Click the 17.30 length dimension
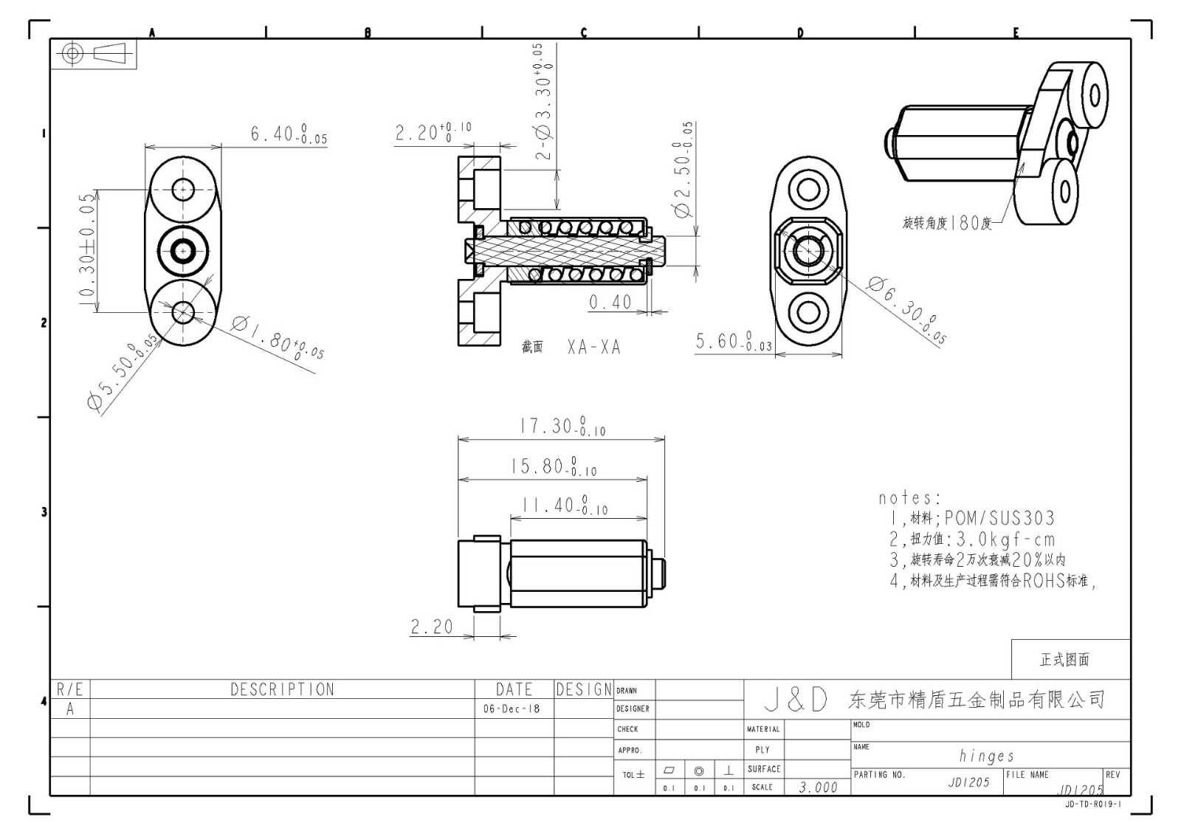coord(562,427)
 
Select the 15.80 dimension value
coord(553,466)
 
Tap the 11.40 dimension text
coord(564,506)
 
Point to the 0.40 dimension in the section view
coord(610,302)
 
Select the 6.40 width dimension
coord(288,134)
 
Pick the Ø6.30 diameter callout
coord(906,310)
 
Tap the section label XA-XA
coord(593,347)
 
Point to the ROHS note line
coord(993,581)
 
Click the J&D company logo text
coord(795,700)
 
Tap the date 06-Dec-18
coord(512,709)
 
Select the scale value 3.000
coord(818,788)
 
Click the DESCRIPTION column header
coord(282,689)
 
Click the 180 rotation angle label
coord(948,222)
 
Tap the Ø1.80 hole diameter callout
coord(278,337)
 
